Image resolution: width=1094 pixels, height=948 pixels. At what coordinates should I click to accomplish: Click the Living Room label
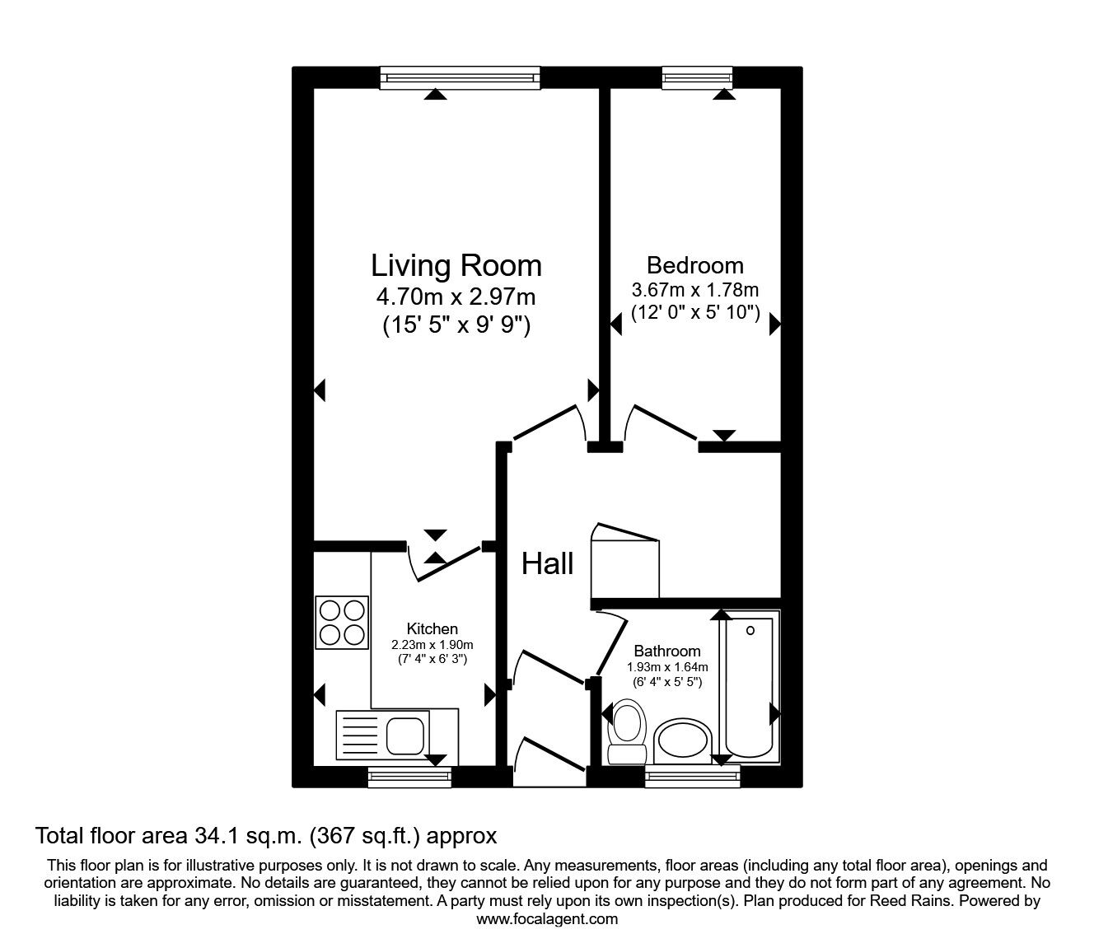point(456,266)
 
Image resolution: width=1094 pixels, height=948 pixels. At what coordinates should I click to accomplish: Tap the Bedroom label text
point(694,265)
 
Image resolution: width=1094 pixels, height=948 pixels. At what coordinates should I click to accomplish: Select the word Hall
point(548,564)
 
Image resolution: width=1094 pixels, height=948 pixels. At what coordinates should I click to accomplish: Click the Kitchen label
point(432,629)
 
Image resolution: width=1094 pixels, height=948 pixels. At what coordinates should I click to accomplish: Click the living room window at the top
point(461,77)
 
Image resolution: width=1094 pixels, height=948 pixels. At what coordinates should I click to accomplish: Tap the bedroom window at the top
point(697,77)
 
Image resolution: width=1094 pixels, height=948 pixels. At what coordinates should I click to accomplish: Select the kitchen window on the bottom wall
point(409,775)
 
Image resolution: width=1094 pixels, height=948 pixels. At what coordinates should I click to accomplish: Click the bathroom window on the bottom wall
point(692,775)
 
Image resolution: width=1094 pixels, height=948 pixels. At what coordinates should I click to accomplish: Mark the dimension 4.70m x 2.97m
point(456,296)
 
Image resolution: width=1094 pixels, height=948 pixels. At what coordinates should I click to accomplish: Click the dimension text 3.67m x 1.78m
point(694,290)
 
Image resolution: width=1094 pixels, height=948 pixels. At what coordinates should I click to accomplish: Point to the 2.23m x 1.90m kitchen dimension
point(432,645)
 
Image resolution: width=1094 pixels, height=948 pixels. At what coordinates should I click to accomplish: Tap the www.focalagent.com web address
point(546,919)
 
